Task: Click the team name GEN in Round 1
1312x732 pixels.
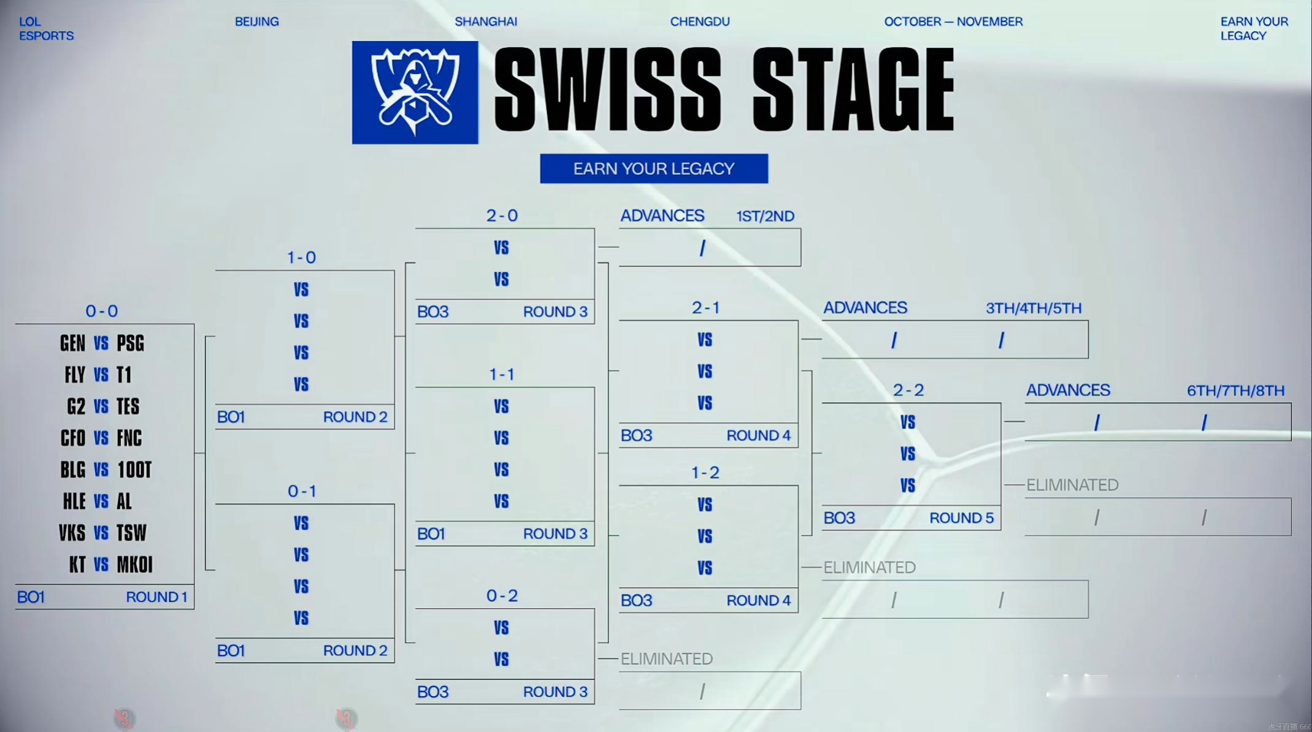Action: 72,343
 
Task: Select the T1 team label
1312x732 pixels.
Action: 124,375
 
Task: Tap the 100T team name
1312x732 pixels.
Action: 134,470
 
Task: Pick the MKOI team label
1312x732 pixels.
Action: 134,565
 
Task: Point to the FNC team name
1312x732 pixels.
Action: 129,438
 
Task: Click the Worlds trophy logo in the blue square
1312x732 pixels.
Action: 415,93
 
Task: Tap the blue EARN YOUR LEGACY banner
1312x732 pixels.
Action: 654,169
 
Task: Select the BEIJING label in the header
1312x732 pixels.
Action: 256,21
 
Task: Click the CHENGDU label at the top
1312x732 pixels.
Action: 700,21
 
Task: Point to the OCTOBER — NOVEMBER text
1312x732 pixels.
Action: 953,21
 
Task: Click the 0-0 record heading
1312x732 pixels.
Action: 102,311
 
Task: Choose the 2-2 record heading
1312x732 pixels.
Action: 908,391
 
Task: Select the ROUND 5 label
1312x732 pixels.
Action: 961,518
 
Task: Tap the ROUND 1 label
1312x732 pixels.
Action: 156,597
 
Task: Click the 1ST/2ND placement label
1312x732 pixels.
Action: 765,216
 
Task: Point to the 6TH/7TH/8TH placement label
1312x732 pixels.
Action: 1235,391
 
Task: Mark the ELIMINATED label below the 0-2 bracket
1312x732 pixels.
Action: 667,659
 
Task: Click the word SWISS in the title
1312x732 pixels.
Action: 608,90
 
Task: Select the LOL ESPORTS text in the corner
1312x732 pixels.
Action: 46,29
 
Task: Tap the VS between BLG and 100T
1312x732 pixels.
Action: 101,470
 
